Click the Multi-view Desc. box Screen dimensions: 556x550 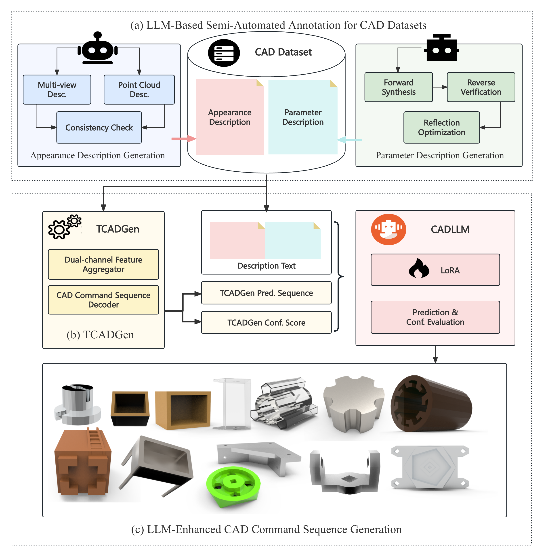coord(57,90)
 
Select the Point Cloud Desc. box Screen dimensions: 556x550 coord(139,90)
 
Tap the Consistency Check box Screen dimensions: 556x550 coord(99,127)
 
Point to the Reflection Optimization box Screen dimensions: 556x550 coord(441,127)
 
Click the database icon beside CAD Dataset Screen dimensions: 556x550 coord(224,53)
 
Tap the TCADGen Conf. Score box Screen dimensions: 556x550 coord(266,322)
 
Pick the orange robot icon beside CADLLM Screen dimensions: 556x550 coord(388,229)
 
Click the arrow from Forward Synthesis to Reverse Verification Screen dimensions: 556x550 coord(440,87)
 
